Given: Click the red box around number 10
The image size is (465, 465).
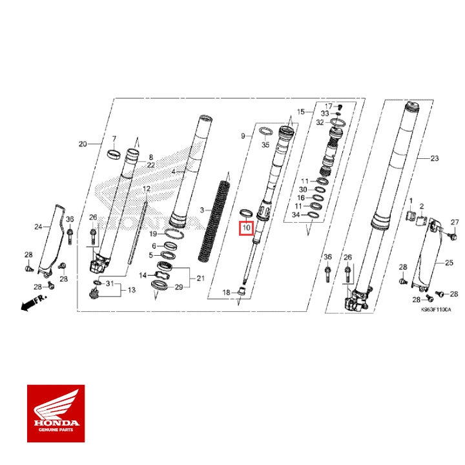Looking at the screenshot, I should pyautogui.click(x=246, y=228).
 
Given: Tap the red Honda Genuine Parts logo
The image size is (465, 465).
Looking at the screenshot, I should pyautogui.click(x=56, y=414).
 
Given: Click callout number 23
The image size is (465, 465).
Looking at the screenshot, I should pyautogui.click(x=433, y=159).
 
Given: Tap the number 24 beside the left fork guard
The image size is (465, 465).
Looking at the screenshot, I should pyautogui.click(x=37, y=227).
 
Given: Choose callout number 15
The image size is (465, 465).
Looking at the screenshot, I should pyautogui.click(x=300, y=112).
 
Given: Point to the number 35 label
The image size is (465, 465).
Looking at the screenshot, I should pyautogui.click(x=265, y=146).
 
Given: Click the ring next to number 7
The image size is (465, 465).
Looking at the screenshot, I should pyautogui.click(x=114, y=154).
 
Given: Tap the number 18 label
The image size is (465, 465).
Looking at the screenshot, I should pyautogui.click(x=227, y=293).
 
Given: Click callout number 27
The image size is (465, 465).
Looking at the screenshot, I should pyautogui.click(x=454, y=223).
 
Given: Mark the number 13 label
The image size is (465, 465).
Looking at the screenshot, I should pyautogui.click(x=131, y=291).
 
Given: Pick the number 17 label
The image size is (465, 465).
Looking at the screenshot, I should pyautogui.click(x=328, y=106).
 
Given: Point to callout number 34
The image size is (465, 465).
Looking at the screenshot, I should pyautogui.click(x=296, y=214).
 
